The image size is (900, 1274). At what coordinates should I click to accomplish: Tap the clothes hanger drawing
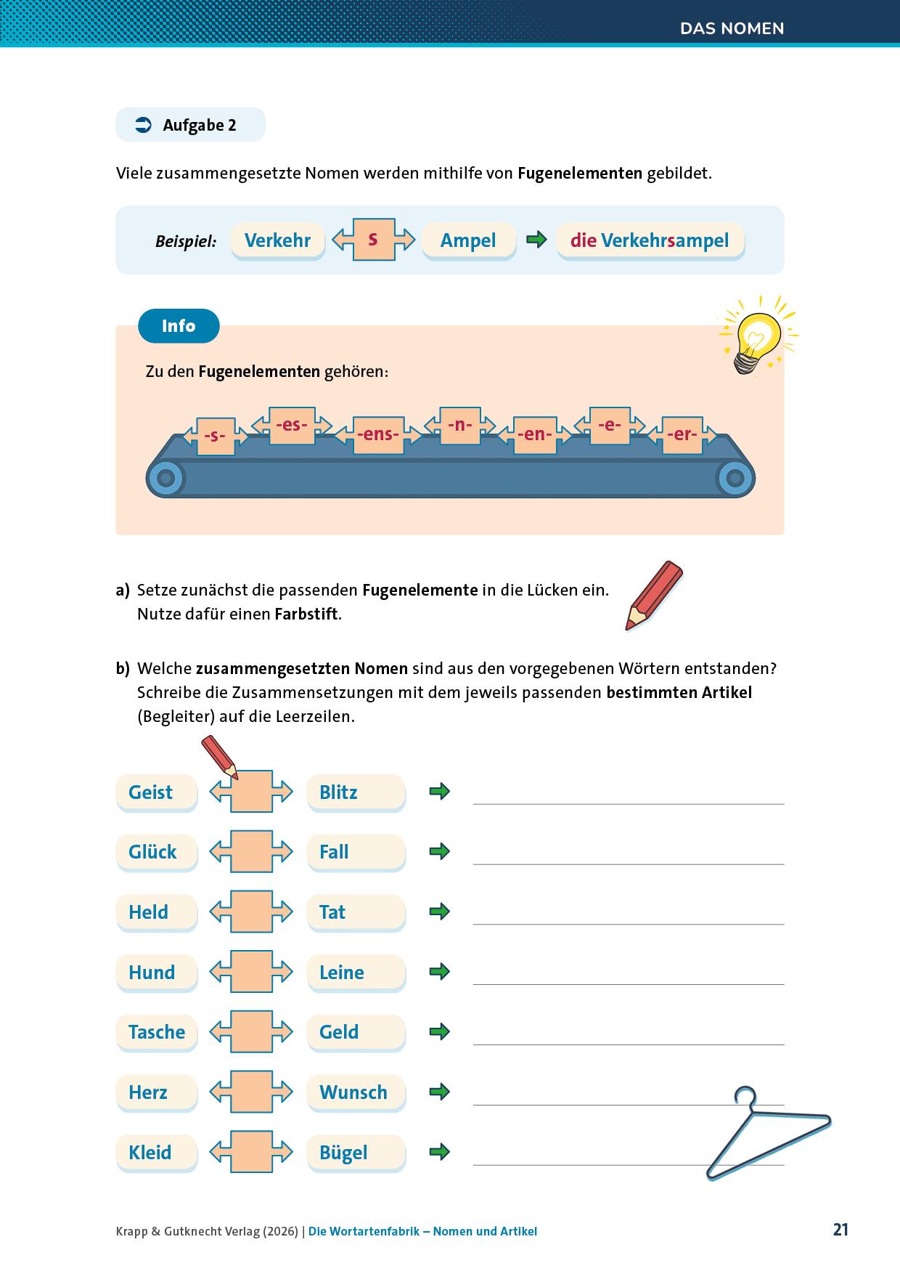pyautogui.click(x=766, y=1134)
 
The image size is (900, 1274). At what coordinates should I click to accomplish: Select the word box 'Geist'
pyautogui.click(x=156, y=792)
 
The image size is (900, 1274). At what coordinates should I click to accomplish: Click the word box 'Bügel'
pyautogui.click(x=356, y=1153)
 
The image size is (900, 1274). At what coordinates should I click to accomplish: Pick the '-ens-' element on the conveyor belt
pyautogui.click(x=377, y=434)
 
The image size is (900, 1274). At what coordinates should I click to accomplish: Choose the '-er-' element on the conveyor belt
pyautogui.click(x=682, y=434)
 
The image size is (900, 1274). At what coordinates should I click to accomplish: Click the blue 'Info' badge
pyautogui.click(x=179, y=326)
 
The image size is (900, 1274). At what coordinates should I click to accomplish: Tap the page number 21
pyautogui.click(x=840, y=1230)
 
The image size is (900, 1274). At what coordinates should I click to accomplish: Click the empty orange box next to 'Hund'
pyautogui.click(x=251, y=972)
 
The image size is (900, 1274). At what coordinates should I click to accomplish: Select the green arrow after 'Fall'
pyautogui.click(x=440, y=851)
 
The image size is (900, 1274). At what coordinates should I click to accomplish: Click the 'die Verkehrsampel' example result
pyautogui.click(x=650, y=240)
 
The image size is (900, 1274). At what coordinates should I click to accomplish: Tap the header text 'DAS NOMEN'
pyautogui.click(x=732, y=29)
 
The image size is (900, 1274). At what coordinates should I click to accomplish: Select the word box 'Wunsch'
pyautogui.click(x=356, y=1092)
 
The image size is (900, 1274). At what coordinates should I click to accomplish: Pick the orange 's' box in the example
pyautogui.click(x=373, y=239)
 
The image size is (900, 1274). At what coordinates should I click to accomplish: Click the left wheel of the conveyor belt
pyautogui.click(x=166, y=478)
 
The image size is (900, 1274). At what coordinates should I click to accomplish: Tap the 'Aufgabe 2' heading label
pyautogui.click(x=190, y=125)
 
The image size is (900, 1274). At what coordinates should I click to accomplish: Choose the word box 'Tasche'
pyautogui.click(x=156, y=1032)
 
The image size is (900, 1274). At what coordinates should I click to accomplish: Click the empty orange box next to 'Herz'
pyautogui.click(x=251, y=1092)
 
